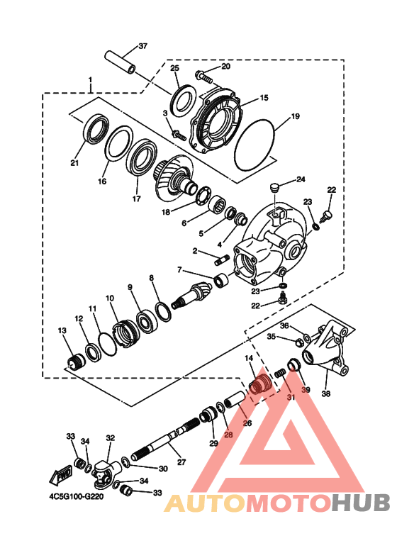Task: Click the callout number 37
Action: (x=143, y=46)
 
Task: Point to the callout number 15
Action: (x=264, y=98)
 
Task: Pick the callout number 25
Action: (x=174, y=67)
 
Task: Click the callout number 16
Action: (x=102, y=181)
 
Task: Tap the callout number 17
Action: (x=137, y=199)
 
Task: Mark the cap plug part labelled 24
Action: (x=273, y=188)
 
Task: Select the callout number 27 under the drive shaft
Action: (x=181, y=462)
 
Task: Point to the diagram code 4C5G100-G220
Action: (x=82, y=497)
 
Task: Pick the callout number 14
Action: (x=249, y=359)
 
